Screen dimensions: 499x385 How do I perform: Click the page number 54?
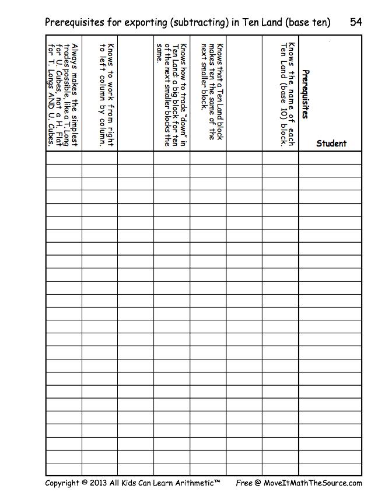pos(356,22)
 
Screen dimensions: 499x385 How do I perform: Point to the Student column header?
pos(331,144)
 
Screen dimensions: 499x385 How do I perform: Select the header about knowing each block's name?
pos(288,93)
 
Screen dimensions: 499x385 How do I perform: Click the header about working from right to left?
pos(107,93)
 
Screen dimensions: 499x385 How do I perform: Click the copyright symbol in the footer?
pos(85,483)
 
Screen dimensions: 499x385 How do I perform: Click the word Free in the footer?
pos(244,483)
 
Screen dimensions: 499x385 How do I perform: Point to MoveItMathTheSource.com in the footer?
pos(312,483)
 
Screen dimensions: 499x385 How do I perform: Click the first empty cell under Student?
pos(330,158)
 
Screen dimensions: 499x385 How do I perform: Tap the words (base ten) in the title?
pos(309,22)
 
